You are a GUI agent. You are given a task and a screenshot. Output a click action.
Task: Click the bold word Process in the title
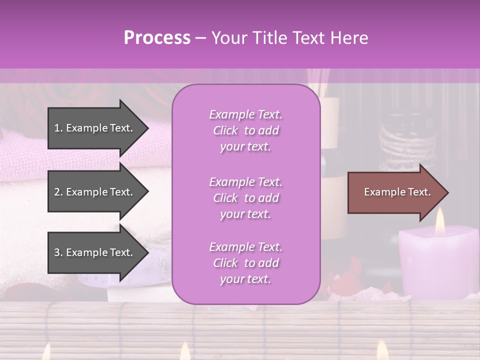coord(157,38)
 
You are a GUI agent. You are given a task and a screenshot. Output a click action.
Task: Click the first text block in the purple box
coord(245,130)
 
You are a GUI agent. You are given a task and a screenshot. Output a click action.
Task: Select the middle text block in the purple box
coord(245,198)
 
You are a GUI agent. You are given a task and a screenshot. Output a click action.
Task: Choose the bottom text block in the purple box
coord(245,263)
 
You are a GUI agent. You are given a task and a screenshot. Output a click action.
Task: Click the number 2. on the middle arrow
coord(58,192)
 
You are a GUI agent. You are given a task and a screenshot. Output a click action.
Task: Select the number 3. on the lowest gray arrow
coord(58,252)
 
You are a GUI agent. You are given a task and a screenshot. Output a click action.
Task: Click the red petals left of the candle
coord(345,280)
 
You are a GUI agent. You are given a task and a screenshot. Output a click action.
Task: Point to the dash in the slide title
coord(200,38)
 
